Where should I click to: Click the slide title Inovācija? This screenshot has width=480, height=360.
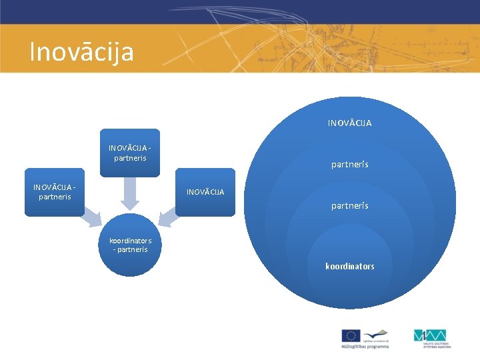coord(81,51)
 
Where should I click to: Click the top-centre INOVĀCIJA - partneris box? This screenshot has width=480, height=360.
coord(130,153)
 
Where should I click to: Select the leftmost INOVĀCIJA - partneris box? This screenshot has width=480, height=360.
coord(55,192)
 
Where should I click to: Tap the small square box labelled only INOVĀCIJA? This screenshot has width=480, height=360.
coord(205,192)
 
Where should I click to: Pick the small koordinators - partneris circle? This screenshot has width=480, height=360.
coord(131,245)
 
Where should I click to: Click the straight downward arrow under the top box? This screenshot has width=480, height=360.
coord(130,193)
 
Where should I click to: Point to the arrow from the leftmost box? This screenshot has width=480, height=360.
coord(91,218)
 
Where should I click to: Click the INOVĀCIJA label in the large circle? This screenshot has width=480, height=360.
coord(349,123)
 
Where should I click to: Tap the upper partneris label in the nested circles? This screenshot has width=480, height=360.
coord(349,165)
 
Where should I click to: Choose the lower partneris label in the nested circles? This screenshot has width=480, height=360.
coord(349,206)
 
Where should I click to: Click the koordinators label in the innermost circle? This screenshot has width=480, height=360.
coord(349,266)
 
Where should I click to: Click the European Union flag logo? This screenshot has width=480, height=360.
coord(351,335)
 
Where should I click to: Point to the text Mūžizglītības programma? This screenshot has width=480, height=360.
coord(364,347)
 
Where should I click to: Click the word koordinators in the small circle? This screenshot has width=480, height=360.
coord(131,241)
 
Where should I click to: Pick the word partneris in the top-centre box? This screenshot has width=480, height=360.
coord(130,158)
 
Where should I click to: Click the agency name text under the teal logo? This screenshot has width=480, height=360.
coord(437,345)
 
